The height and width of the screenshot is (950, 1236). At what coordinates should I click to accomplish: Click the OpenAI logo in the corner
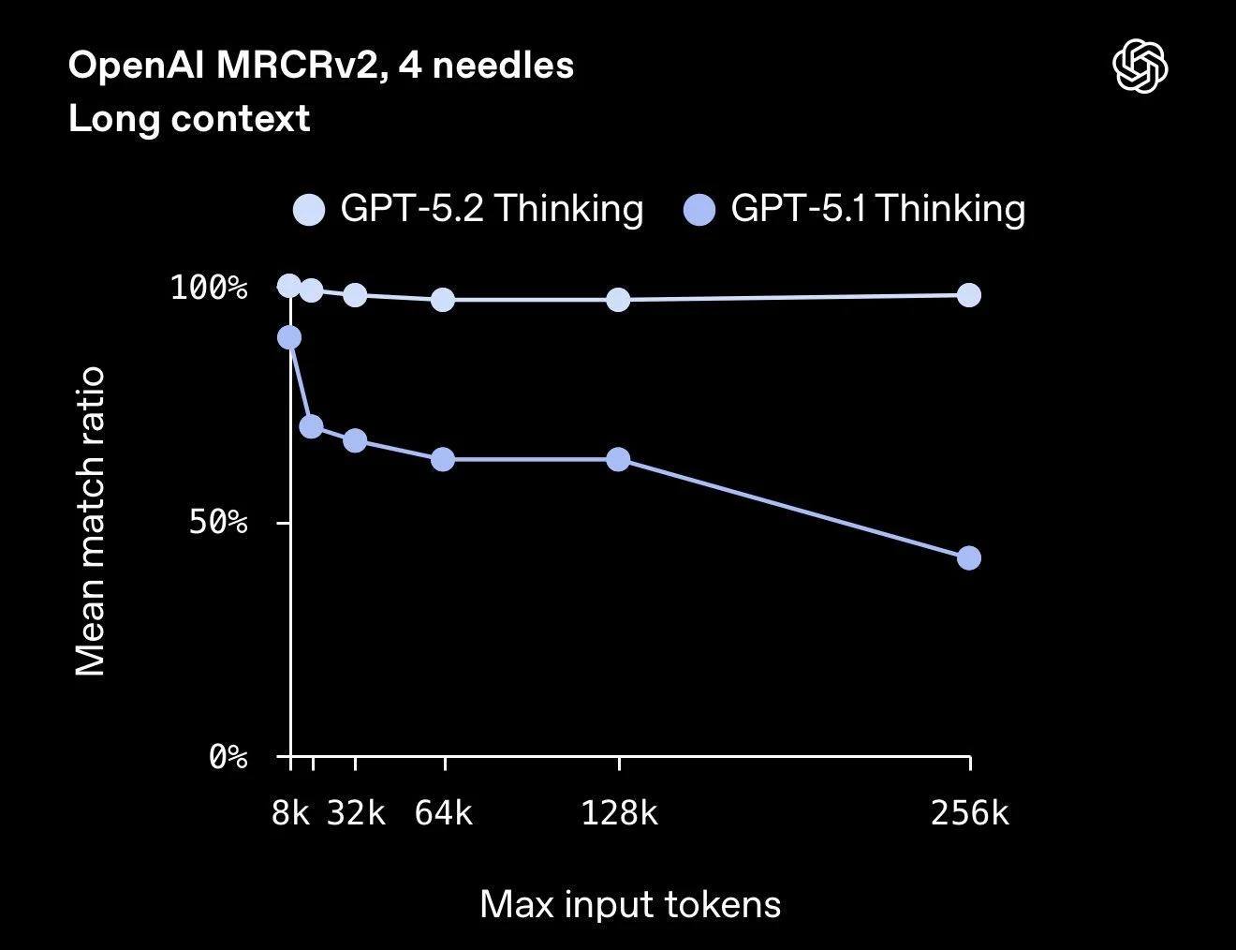coord(1140,67)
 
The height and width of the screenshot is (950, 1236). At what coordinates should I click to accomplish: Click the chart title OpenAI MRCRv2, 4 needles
coord(321,66)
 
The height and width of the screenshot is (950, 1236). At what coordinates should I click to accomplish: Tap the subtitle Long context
coord(189,119)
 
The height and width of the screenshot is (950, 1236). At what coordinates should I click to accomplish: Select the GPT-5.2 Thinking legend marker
coord(309,209)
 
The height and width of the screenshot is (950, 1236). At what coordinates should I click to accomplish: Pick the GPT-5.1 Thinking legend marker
coord(699,209)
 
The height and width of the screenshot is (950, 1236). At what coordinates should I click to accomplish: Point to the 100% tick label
coord(209,288)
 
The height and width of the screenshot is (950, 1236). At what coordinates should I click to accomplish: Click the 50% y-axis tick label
coord(218,522)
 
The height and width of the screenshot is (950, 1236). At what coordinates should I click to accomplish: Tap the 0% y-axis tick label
coord(228,756)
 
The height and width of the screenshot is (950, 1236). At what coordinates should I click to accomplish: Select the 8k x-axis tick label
coord(290,813)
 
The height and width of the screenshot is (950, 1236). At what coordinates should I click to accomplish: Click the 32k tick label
coord(356,813)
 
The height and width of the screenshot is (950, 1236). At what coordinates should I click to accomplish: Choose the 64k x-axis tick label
coord(444,813)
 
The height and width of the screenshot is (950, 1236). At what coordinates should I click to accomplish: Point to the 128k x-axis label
coord(619,813)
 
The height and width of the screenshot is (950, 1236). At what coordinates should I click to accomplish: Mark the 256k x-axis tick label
coord(970,813)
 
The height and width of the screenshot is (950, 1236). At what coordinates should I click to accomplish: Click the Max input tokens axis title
coord(630,905)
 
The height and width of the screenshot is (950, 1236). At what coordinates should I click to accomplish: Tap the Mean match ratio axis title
coord(91,521)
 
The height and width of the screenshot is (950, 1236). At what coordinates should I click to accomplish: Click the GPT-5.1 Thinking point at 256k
coord(969,558)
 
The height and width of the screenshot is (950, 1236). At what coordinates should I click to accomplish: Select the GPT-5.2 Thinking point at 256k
coord(969,295)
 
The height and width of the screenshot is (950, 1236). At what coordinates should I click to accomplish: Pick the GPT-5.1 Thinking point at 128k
coord(618,459)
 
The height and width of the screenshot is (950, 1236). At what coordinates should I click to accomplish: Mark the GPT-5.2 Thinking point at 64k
coord(443,300)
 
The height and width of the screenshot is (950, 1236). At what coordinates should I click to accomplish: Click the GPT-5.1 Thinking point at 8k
coord(290,337)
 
